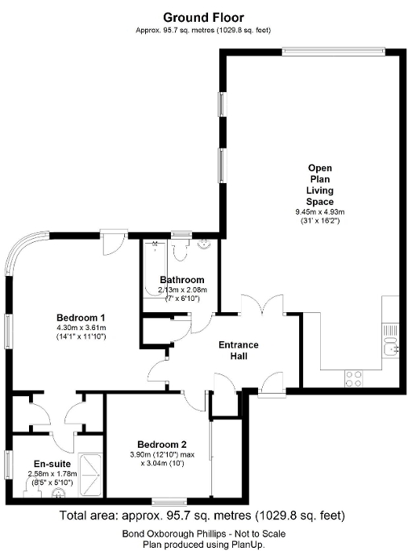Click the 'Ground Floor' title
point(203,16)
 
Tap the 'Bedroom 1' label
point(81,316)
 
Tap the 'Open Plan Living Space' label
point(319,185)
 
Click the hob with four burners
point(354,375)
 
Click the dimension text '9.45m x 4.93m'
point(319,212)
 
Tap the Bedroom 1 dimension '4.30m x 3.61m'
point(81,328)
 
